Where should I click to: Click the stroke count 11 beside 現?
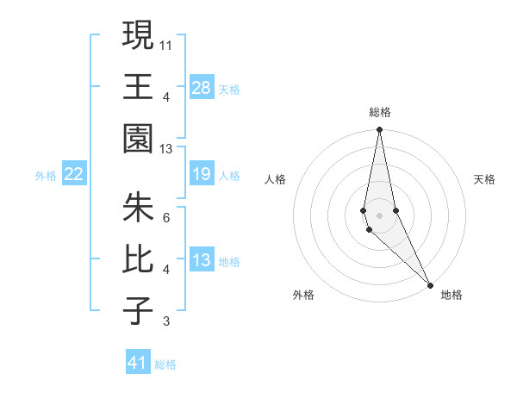click(166, 44)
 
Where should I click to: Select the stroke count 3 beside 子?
click(166, 321)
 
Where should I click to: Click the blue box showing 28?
click(202, 87)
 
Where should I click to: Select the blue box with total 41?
click(138, 363)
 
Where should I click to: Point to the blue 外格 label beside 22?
click(46, 176)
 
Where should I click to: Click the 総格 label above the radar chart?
click(380, 112)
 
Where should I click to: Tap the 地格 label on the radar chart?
click(452, 295)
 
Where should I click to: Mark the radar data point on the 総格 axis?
click(379, 130)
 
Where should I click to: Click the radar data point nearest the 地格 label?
click(430, 284)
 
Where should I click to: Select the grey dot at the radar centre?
click(379, 215)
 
